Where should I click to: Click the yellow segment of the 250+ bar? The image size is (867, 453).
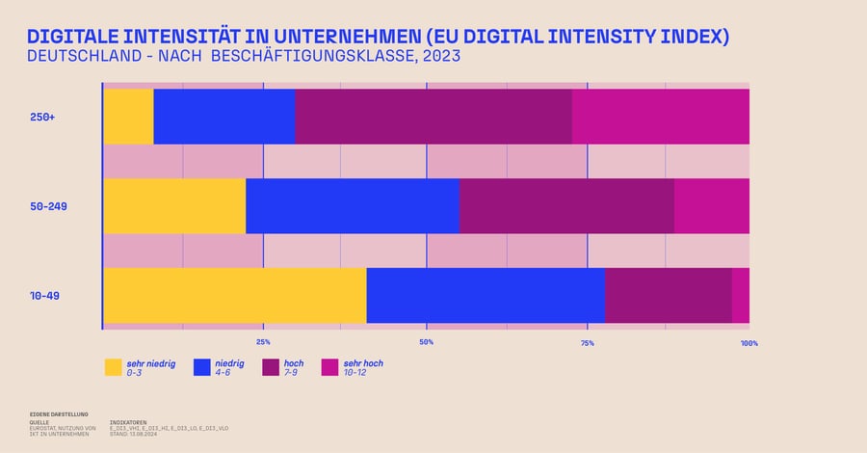tap(128, 117)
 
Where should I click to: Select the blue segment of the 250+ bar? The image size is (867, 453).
tap(224, 117)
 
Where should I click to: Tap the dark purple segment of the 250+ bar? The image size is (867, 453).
tap(433, 117)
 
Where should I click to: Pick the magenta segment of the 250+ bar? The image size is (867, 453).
tap(661, 117)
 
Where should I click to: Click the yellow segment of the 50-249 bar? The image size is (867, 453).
tap(174, 206)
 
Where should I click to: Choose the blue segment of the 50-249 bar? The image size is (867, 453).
tap(353, 206)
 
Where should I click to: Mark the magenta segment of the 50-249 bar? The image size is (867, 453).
tap(712, 206)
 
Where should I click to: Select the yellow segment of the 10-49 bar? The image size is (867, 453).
tap(235, 296)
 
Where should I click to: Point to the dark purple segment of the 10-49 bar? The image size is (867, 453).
tap(669, 296)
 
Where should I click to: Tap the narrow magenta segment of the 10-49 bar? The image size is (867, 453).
tap(741, 296)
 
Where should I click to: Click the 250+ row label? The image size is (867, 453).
tap(42, 117)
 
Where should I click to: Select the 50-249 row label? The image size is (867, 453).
tap(47, 206)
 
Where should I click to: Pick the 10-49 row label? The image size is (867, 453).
tap(44, 296)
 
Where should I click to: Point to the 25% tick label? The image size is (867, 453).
tap(263, 342)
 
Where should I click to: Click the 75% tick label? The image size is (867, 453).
tap(587, 342)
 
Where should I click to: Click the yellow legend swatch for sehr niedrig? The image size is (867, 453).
tap(114, 367)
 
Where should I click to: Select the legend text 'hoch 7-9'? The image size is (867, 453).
tap(293, 367)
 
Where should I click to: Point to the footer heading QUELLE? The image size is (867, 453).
tap(39, 422)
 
